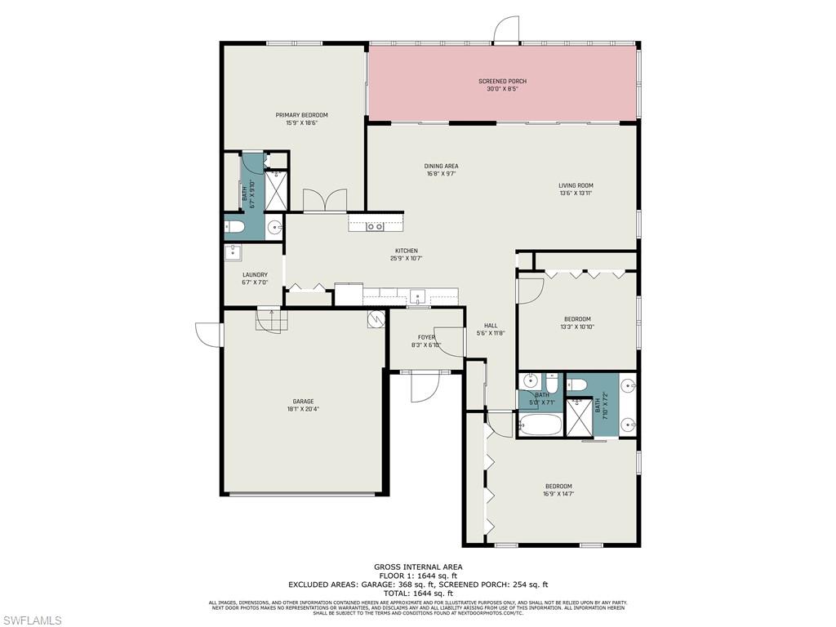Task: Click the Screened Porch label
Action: (x=502, y=85)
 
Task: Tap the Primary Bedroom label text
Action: (x=301, y=119)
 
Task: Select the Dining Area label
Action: (x=442, y=170)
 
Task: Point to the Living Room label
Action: (x=576, y=189)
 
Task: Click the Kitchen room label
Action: (x=407, y=255)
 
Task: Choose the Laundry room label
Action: (x=255, y=278)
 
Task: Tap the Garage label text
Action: (x=304, y=405)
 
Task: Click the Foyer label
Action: (x=426, y=340)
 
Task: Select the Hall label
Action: (x=491, y=329)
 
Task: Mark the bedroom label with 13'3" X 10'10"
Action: (x=577, y=322)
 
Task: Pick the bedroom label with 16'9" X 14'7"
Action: (x=558, y=490)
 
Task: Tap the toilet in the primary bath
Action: (x=233, y=226)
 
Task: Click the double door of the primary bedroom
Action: (x=324, y=201)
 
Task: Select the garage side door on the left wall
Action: (x=209, y=335)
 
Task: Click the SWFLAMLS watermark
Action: (x=32, y=621)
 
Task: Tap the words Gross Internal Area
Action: (x=418, y=567)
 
